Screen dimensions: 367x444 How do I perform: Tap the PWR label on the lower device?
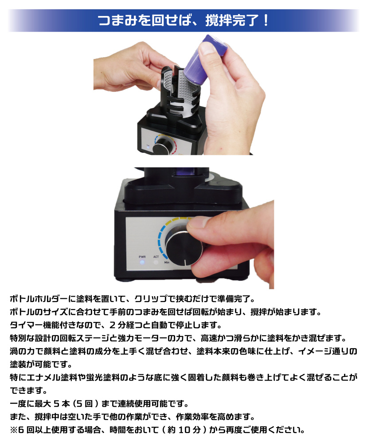(x=142, y=257)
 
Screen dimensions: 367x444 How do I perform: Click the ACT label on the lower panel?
(x=156, y=257)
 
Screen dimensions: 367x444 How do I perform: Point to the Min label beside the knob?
(x=167, y=262)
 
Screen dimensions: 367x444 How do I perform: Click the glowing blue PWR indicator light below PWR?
(x=142, y=262)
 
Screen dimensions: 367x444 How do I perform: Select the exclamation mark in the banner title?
(x=265, y=20)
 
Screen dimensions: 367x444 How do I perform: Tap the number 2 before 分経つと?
(x=113, y=325)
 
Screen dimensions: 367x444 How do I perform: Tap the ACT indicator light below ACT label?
(x=156, y=262)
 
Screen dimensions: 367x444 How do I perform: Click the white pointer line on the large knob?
(x=185, y=262)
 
